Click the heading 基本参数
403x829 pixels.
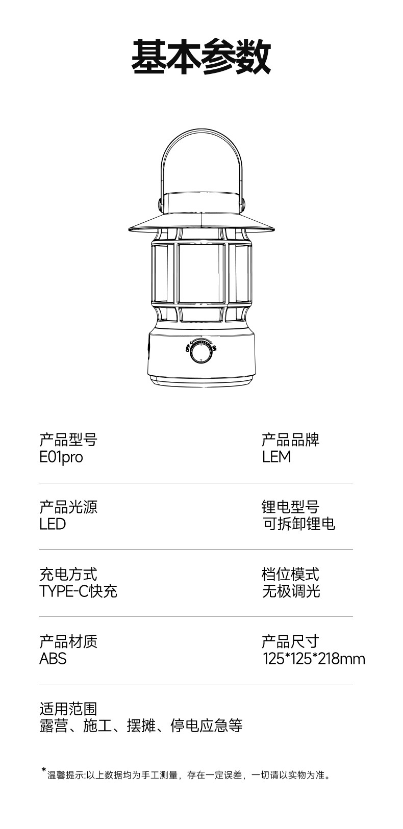(201, 57)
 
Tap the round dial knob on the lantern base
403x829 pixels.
(201, 353)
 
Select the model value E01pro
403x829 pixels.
(61, 457)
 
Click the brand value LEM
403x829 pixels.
(276, 457)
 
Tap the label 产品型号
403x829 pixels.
(68, 439)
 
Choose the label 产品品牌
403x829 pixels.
(290, 439)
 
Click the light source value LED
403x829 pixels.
(53, 524)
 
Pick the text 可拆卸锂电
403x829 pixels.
(298, 524)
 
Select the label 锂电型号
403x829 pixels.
(290, 507)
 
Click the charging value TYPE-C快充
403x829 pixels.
(78, 591)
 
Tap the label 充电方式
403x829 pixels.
(68, 574)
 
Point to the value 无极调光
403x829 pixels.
(291, 591)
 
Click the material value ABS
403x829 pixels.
(53, 659)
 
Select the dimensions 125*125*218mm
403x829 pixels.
(314, 659)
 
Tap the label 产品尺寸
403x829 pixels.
(290, 641)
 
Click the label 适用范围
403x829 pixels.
(68, 709)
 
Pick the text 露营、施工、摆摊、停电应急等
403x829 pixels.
(141, 726)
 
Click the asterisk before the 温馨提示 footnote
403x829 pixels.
(43, 770)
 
